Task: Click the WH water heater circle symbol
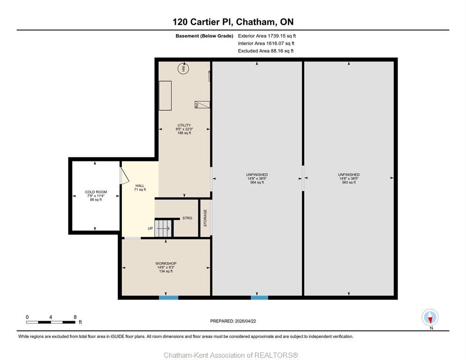(x=183, y=69)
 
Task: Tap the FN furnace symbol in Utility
(x=202, y=105)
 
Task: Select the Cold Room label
(x=96, y=192)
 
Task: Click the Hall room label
(x=140, y=186)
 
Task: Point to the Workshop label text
(x=166, y=263)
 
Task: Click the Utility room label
(x=184, y=125)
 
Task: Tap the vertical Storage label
(x=205, y=218)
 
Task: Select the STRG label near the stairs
(x=187, y=218)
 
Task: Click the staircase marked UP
(x=163, y=228)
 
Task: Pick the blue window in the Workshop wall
(x=168, y=297)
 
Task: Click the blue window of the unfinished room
(x=259, y=297)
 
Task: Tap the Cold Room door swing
(x=124, y=175)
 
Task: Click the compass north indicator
(x=430, y=317)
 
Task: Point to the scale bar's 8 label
(x=75, y=317)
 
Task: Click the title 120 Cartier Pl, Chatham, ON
(x=233, y=22)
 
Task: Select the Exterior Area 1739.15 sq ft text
(x=267, y=36)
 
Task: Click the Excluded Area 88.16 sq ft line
(x=266, y=51)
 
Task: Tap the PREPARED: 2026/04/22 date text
(x=233, y=321)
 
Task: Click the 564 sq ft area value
(x=257, y=182)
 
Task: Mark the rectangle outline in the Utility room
(x=165, y=96)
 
